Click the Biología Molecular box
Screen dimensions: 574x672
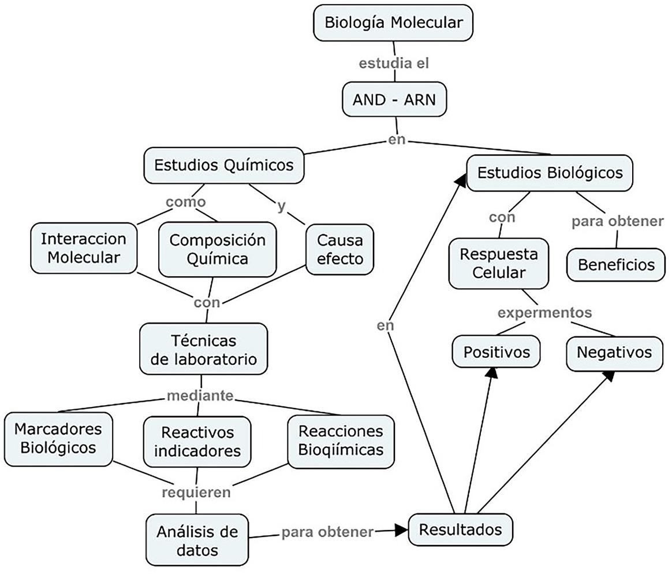[x=393, y=23]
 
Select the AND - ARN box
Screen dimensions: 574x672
[x=395, y=100]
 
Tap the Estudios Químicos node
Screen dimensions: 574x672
[x=223, y=165]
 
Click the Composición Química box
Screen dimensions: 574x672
[x=217, y=249]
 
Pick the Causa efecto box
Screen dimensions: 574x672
[x=340, y=249]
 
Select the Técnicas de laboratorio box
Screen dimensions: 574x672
[x=203, y=349]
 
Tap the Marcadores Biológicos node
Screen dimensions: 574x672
[x=58, y=438]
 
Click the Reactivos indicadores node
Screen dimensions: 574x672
[x=197, y=441]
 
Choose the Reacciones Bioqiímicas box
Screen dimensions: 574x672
[x=341, y=440]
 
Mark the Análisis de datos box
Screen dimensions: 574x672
[x=197, y=539]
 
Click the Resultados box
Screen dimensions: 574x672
[x=460, y=529]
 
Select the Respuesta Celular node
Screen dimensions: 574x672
[x=498, y=263]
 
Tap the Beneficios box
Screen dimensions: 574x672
[x=616, y=265]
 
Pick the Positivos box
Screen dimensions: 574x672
[x=496, y=351]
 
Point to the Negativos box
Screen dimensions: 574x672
[x=614, y=352]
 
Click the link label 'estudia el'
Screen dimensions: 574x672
[x=394, y=63]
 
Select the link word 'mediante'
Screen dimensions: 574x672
[x=200, y=396]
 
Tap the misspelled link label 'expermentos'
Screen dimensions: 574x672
[x=544, y=313]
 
